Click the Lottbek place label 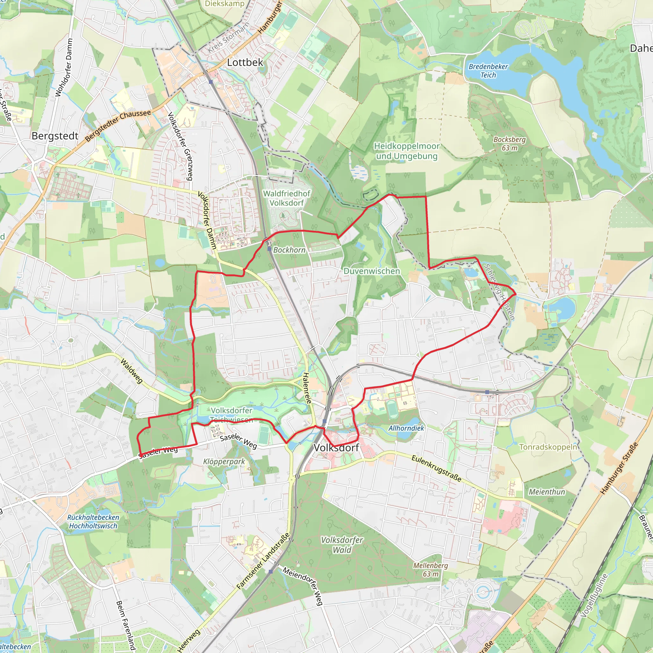click(x=245, y=62)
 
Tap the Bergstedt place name click(x=55, y=136)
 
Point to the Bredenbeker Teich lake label click(x=488, y=71)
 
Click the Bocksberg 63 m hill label click(x=509, y=144)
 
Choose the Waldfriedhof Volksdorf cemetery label click(x=287, y=198)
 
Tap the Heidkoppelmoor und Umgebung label click(x=407, y=151)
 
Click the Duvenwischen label click(x=371, y=271)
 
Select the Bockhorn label click(x=289, y=250)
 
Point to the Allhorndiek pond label click(x=406, y=428)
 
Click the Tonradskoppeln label click(x=548, y=447)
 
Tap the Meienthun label click(x=547, y=492)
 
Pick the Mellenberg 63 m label click(x=430, y=569)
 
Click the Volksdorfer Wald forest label click(x=342, y=545)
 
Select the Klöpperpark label click(x=224, y=462)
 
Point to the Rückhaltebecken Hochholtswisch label click(x=93, y=522)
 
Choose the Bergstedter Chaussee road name click(x=118, y=125)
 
